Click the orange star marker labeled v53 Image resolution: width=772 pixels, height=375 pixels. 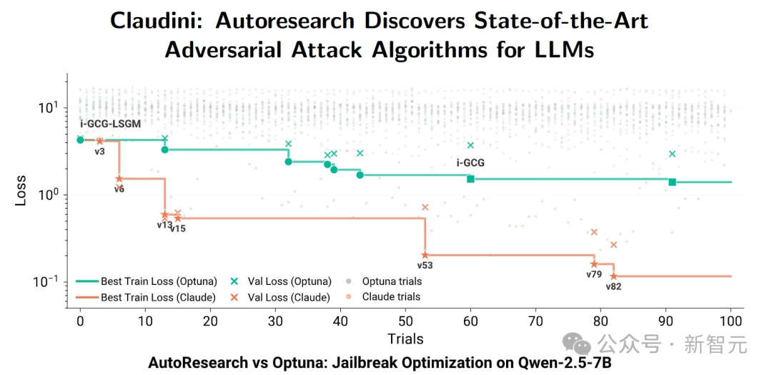coord(425,255)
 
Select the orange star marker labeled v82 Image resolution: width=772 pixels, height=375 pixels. coord(613,276)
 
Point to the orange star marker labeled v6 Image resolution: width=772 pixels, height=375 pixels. coord(119,179)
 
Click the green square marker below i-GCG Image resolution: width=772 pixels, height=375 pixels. coord(470,179)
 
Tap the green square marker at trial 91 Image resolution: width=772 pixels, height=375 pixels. coord(672,182)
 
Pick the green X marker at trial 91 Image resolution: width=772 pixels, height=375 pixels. coord(672,154)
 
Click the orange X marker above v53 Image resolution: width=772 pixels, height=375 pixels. coord(425,208)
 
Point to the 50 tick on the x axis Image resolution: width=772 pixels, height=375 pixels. coord(405,322)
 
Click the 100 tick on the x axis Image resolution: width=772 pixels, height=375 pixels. coord(731,322)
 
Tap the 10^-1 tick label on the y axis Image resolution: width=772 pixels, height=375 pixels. coord(48,281)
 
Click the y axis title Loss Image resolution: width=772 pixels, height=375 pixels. coord(21,190)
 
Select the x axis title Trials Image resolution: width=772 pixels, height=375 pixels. coord(405,339)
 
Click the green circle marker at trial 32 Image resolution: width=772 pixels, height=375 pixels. coord(288,162)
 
